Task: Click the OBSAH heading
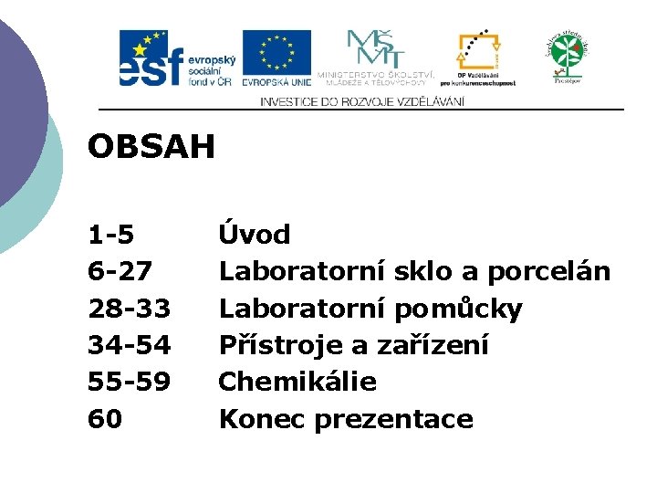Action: [x=151, y=146]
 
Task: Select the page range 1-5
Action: [x=111, y=236]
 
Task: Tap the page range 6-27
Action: [x=120, y=272]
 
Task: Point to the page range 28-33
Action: [x=129, y=309]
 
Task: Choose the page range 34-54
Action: [x=129, y=345]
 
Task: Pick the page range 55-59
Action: [x=129, y=382]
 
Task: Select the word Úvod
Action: [x=255, y=235]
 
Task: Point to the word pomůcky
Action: [x=459, y=309]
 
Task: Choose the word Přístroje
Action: [x=278, y=346]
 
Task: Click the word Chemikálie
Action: [x=297, y=382]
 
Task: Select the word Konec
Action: [x=263, y=419]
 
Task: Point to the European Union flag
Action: [x=276, y=53]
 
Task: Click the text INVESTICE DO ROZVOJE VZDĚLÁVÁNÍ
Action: [x=362, y=101]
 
